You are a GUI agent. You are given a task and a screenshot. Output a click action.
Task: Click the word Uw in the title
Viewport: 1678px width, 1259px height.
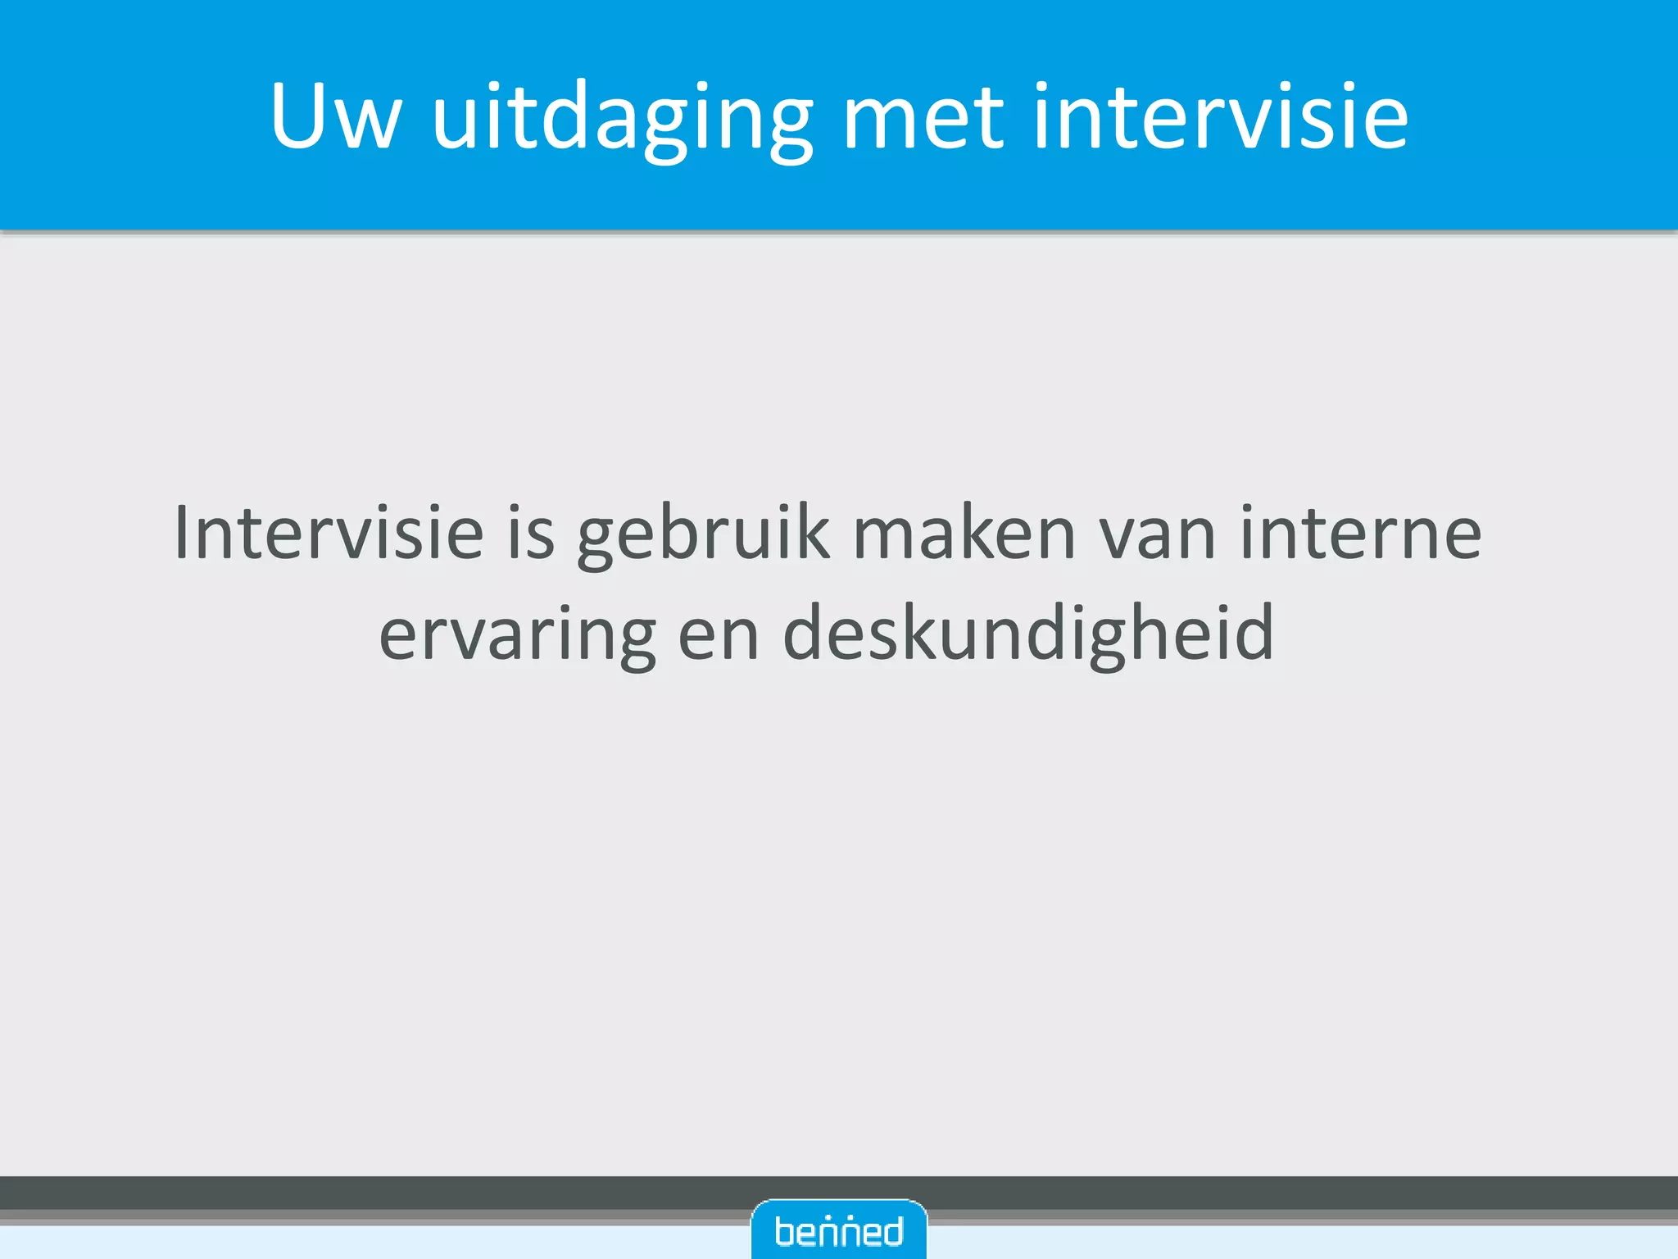coord(336,117)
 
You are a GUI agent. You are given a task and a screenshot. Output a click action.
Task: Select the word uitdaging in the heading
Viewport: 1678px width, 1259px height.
coord(623,119)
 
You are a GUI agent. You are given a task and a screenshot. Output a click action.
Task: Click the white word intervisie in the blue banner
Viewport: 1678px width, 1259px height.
coord(1220,117)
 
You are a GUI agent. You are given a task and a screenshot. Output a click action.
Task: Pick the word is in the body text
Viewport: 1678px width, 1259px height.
coord(531,534)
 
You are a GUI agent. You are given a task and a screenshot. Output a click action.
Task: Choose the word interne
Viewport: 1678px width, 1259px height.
coord(1360,534)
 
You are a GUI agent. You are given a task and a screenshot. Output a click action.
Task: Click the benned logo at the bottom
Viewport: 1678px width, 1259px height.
coord(839,1230)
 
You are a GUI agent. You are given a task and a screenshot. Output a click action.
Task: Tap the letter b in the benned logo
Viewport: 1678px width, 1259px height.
coord(785,1231)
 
